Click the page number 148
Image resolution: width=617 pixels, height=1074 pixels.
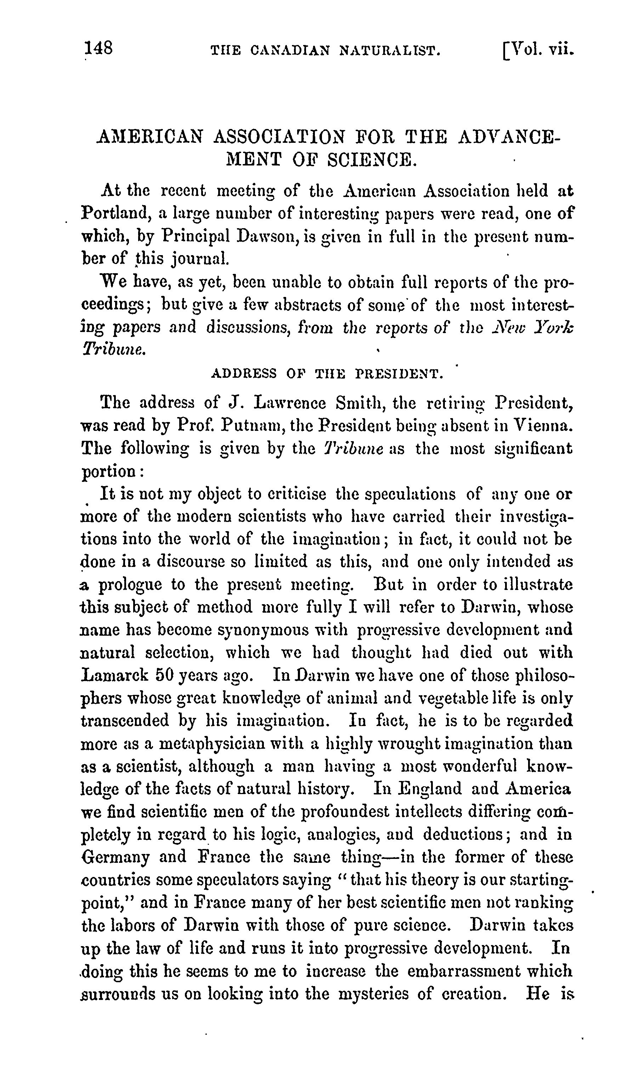[x=99, y=48]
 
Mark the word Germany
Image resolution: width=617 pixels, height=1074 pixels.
[x=115, y=857]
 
